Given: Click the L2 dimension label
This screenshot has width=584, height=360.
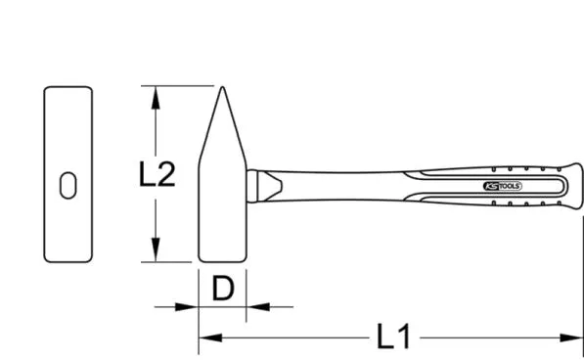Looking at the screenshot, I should (157, 175).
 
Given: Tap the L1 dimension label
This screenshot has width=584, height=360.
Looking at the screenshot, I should (394, 337).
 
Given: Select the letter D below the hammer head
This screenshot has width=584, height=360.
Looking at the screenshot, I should (223, 290).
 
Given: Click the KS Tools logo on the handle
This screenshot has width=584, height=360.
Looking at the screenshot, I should (503, 185).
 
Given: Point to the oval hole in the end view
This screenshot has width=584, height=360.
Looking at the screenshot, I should (68, 184).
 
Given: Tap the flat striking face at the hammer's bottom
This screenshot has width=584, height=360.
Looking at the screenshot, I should (222, 259).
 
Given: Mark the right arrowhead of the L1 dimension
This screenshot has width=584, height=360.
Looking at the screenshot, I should (575, 338).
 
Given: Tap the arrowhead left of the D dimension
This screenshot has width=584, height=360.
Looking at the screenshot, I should (190, 307).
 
